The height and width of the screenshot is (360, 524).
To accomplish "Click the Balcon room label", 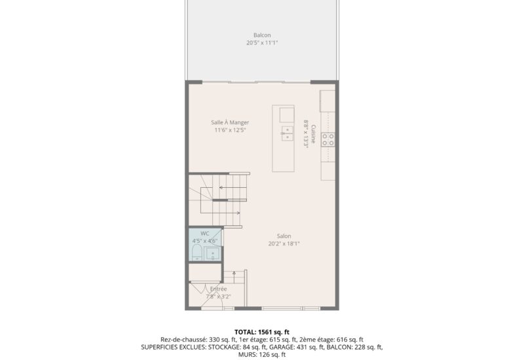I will pyautogui.click(x=262, y=35).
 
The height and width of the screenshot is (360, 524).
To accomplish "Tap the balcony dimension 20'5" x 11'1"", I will pyautogui.click(x=262, y=43).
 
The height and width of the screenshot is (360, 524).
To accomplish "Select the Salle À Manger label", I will pyautogui.click(x=230, y=122).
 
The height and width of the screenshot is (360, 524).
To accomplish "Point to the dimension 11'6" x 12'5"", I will pyautogui.click(x=230, y=130).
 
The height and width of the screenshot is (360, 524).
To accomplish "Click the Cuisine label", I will pyautogui.click(x=314, y=134).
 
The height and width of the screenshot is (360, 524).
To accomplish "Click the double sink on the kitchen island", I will pyautogui.click(x=286, y=134).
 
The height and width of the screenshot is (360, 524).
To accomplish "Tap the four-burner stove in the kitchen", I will pyautogui.click(x=328, y=139).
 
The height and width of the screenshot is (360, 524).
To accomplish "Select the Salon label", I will pyautogui.click(x=284, y=236).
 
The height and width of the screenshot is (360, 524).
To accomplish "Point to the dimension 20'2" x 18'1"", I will pyautogui.click(x=284, y=244).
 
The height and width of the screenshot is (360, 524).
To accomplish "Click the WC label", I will pyautogui.click(x=204, y=233).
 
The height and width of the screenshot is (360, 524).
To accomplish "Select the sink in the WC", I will pyautogui.click(x=214, y=253).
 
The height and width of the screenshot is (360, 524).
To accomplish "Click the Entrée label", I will pyautogui.click(x=219, y=289).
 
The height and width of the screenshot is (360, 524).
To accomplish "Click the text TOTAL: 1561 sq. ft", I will pyautogui.click(x=262, y=332).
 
